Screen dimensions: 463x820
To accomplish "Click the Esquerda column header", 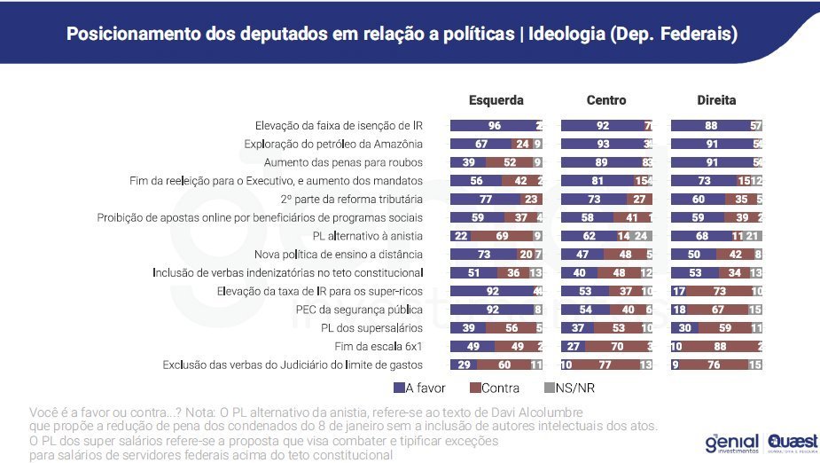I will pos(496,100).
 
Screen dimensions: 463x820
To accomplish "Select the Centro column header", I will pos(605,100).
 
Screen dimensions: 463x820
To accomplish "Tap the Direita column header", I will pos(716,100).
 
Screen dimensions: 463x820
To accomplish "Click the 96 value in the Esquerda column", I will pos(494,125).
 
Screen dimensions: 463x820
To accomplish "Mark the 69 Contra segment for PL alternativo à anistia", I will pos(501,236).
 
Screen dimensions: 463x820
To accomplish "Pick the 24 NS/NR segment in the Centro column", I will pos(641,236).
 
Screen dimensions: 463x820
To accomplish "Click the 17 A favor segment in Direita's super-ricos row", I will pos(679,291).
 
